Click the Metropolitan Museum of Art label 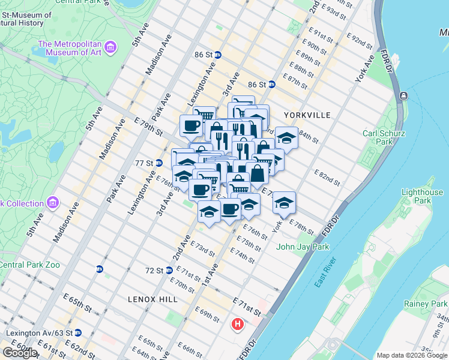[70, 49]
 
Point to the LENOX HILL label [149, 299]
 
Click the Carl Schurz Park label [378, 137]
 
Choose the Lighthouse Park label [423, 196]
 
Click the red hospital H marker [238, 325]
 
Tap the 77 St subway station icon [159, 163]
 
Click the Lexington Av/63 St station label [39, 332]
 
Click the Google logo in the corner [20, 352]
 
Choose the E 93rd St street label [334, 14]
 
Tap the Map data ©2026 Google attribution [412, 355]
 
